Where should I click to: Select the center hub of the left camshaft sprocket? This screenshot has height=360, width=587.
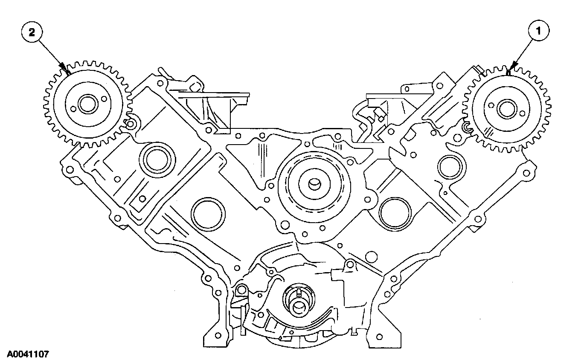(x=87, y=105)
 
